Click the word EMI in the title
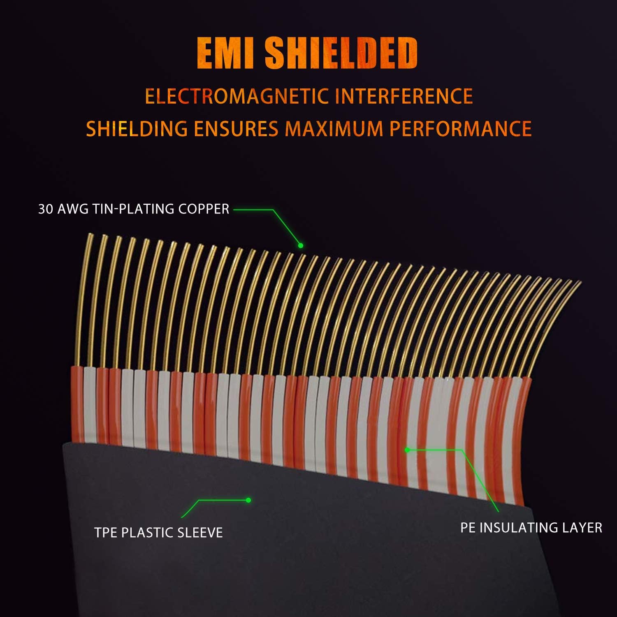pyautogui.click(x=225, y=53)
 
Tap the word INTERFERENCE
pyautogui.click(x=404, y=96)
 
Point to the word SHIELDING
pyautogui.click(x=137, y=129)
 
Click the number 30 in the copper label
pyautogui.click(x=46, y=209)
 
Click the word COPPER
pyautogui.click(x=204, y=209)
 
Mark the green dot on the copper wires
pyautogui.click(x=301, y=246)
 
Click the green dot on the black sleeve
pyautogui.click(x=248, y=500)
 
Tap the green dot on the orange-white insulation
pyautogui.click(x=407, y=450)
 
